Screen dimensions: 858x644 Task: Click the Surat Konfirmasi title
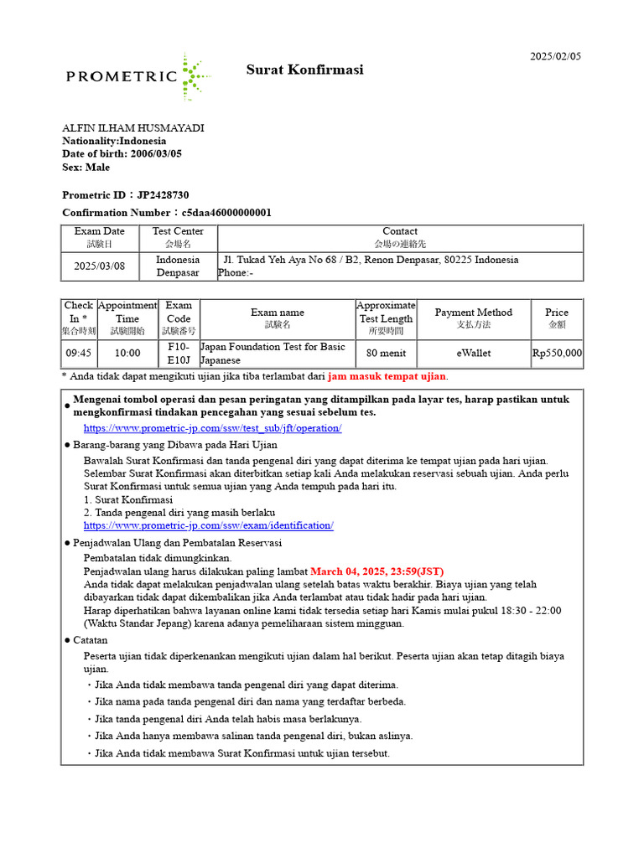(x=304, y=70)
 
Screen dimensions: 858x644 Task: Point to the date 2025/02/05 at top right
(x=555, y=56)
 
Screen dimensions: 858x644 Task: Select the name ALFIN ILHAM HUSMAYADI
(x=133, y=128)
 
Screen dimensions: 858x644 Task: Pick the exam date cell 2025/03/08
(x=100, y=266)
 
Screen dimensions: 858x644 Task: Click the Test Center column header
(x=178, y=237)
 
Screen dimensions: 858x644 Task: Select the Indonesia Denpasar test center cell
(x=178, y=266)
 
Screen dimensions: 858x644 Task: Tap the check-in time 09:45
(x=79, y=354)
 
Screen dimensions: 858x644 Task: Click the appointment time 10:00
(x=127, y=354)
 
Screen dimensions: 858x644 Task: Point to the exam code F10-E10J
(x=179, y=354)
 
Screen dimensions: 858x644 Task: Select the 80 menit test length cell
(x=386, y=354)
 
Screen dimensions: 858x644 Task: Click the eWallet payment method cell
(x=474, y=354)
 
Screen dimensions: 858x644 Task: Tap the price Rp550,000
(x=557, y=354)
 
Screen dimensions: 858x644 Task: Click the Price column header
(x=557, y=318)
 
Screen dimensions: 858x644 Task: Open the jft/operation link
(x=212, y=428)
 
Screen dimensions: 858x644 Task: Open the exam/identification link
(x=208, y=525)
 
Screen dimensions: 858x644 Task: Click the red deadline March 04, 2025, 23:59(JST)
(x=377, y=571)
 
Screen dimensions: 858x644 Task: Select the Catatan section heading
(x=90, y=639)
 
